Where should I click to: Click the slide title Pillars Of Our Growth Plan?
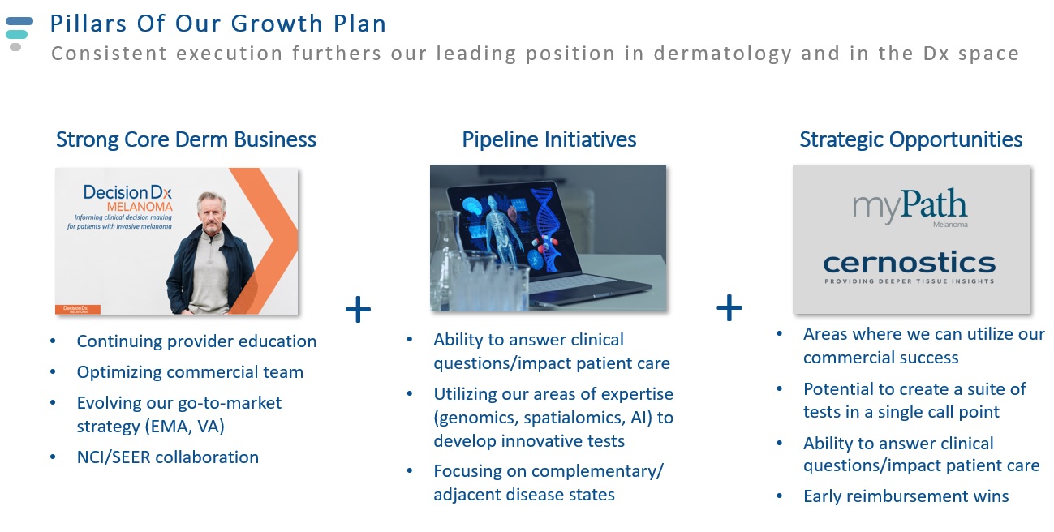click(x=217, y=24)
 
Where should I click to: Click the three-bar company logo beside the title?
click(x=19, y=34)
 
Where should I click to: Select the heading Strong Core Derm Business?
click(x=186, y=139)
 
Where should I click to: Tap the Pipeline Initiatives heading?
click(x=549, y=139)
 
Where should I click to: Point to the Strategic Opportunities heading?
click(x=911, y=139)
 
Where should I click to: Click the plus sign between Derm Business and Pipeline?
click(x=358, y=309)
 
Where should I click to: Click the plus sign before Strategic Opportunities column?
click(x=729, y=307)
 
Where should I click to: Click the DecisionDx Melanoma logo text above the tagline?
click(x=127, y=199)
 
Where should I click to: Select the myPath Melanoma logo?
click(x=910, y=207)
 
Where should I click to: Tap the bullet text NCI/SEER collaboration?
click(x=167, y=457)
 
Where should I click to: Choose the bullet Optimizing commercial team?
click(x=190, y=372)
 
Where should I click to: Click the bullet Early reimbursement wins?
click(x=906, y=496)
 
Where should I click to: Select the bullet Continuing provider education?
click(x=196, y=341)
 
